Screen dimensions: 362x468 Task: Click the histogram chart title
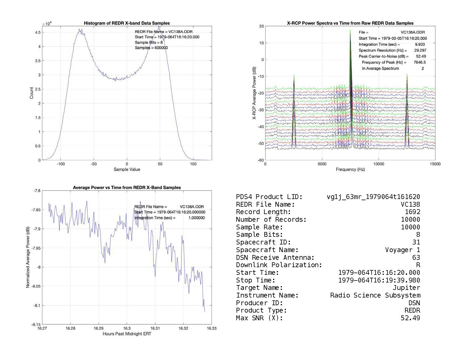[x=127, y=23]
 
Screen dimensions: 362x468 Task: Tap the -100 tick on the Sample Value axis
[x=61, y=164]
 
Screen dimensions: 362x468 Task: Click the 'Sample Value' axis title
[x=127, y=170]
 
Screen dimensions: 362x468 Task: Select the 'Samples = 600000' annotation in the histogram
[x=151, y=48]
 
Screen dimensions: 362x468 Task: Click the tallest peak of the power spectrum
[x=350, y=30]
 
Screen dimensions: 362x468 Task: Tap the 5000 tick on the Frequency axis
[x=322, y=164]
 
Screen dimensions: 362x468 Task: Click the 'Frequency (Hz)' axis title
[x=350, y=170]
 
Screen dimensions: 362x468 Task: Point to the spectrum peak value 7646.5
[x=420, y=62]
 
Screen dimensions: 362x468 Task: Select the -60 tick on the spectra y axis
[x=261, y=160]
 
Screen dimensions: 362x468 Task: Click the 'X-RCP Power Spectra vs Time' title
[x=350, y=23]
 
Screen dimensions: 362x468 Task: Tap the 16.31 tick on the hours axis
[x=155, y=328]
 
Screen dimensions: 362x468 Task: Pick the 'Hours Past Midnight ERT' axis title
[x=127, y=334]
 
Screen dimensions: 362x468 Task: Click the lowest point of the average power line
[x=205, y=312]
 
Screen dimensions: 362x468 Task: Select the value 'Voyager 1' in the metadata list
[x=402, y=250]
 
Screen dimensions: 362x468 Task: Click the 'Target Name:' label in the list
[x=260, y=288]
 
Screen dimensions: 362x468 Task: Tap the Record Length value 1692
[x=412, y=212]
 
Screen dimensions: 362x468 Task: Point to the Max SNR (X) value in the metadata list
[x=410, y=318]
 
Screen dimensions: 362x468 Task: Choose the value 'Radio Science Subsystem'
[x=375, y=295]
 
